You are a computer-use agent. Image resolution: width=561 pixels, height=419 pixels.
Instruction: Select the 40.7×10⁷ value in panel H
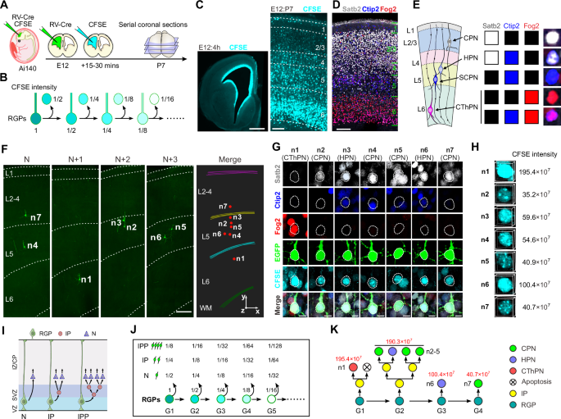(532, 309)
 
